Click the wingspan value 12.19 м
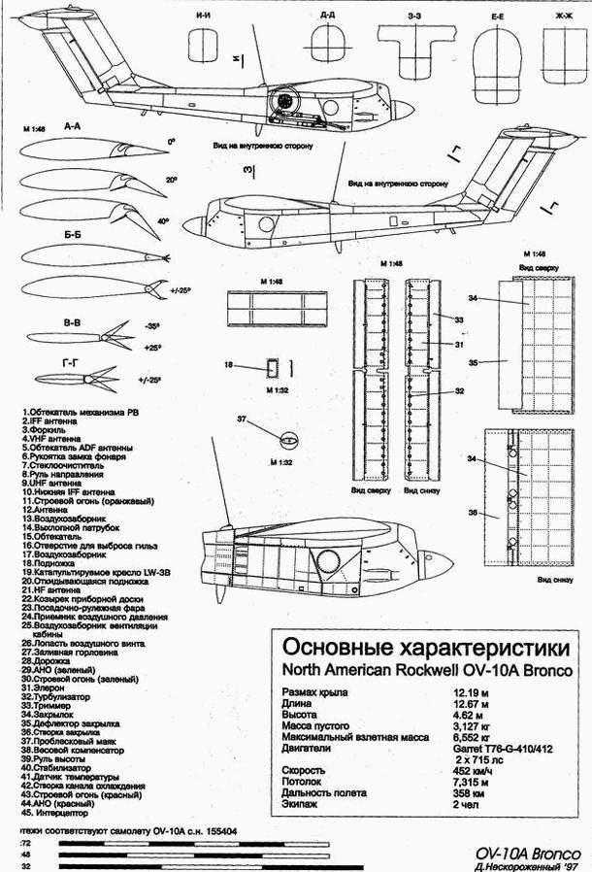(x=472, y=692)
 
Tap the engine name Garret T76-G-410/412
(x=502, y=749)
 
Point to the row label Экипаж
(x=300, y=804)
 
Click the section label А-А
(x=72, y=127)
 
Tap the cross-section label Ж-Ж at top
(x=562, y=16)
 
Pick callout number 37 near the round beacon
(x=243, y=419)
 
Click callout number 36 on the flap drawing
(x=473, y=513)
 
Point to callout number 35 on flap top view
(x=473, y=362)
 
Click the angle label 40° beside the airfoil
(x=164, y=222)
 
